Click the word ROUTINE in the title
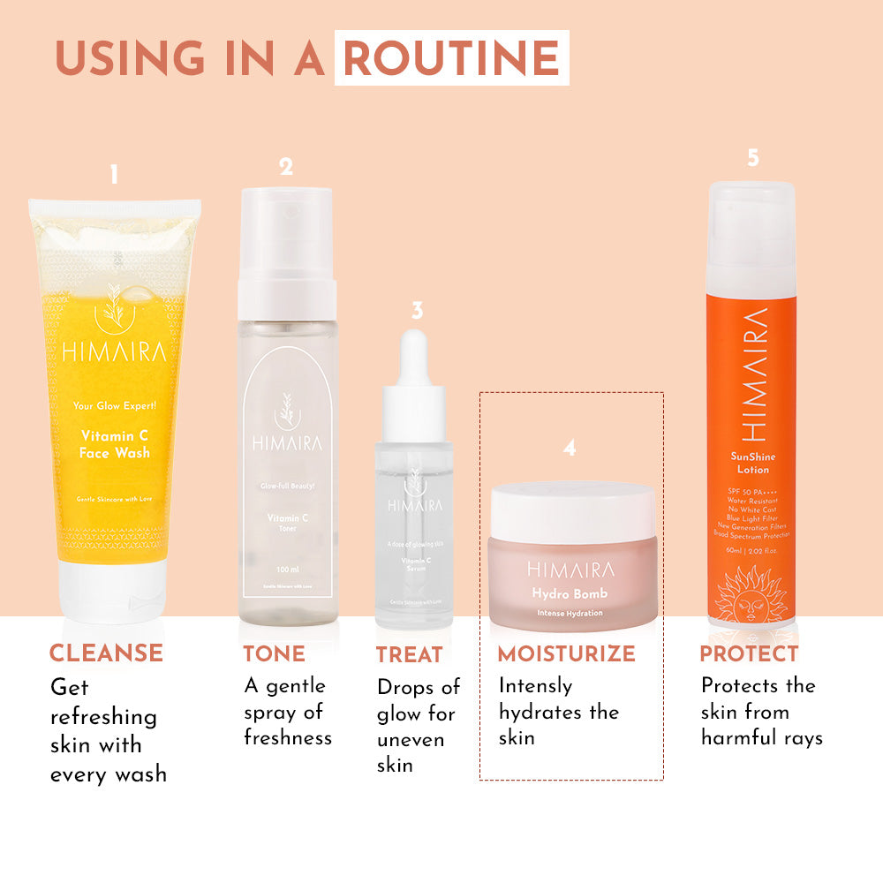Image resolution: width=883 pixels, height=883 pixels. click(451, 58)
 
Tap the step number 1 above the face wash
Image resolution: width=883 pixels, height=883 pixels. click(114, 175)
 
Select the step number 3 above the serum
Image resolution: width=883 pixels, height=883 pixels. click(417, 310)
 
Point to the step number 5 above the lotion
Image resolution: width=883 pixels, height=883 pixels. click(752, 158)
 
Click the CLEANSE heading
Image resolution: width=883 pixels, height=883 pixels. click(106, 653)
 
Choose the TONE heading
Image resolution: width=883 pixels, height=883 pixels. click(275, 654)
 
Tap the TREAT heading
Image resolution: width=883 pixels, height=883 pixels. click(409, 655)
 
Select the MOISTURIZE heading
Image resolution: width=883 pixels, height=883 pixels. click(566, 654)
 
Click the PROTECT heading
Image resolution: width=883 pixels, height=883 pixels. click(749, 654)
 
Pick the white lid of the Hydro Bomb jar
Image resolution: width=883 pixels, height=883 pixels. click(572, 510)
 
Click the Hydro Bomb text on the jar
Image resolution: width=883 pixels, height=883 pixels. click(570, 593)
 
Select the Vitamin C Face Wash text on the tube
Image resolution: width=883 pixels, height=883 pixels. click(115, 444)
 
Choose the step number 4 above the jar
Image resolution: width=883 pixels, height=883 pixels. click(570, 449)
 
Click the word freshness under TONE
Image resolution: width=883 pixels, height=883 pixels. click(288, 737)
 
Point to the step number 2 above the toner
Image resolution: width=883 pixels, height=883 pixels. click(286, 166)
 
